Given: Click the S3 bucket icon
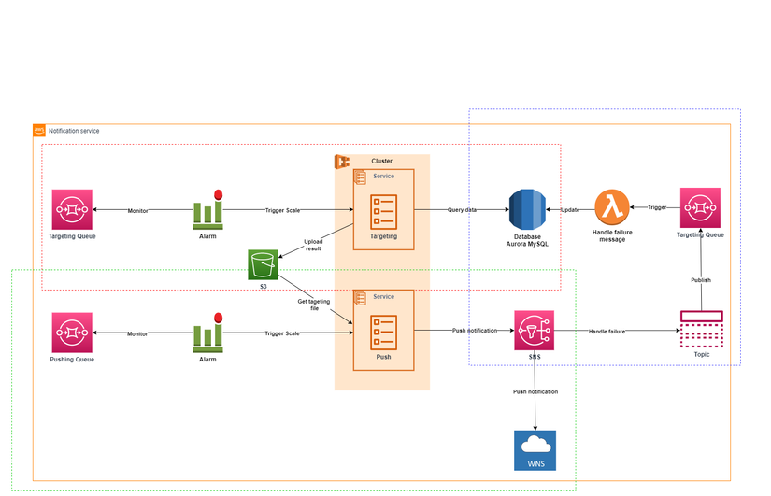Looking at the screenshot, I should (264, 264).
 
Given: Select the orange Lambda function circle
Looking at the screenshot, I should (612, 206).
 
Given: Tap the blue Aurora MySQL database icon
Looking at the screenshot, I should (526, 208).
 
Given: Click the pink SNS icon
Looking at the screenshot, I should (534, 331).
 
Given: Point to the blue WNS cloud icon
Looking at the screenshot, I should (534, 450).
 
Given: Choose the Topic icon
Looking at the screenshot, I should (701, 329).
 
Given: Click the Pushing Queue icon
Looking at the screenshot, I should (72, 332).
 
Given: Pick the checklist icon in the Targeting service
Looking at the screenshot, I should (384, 211).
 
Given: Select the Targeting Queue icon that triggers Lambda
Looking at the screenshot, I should (700, 207).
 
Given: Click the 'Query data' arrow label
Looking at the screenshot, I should (462, 210).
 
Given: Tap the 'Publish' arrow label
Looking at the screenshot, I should (701, 279).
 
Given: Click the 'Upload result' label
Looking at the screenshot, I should (313, 245).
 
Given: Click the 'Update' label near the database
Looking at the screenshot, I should (569, 210).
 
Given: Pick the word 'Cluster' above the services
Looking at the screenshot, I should (381, 162).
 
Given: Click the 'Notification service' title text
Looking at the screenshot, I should (74, 131).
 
